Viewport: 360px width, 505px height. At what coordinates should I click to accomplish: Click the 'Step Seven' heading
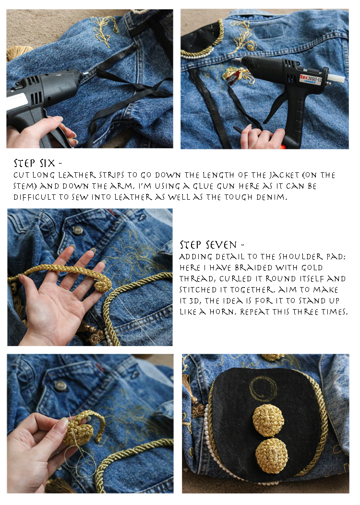[x=212, y=245]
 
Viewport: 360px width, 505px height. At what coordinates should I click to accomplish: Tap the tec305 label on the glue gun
[x=311, y=79]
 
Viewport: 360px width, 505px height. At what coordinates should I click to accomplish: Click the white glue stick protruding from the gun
[x=336, y=79]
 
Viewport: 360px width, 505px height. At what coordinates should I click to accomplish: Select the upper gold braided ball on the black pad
[x=268, y=420]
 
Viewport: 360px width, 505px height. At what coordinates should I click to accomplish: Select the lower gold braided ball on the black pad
[x=272, y=456]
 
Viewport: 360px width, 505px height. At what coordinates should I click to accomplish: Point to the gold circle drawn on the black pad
[x=263, y=389]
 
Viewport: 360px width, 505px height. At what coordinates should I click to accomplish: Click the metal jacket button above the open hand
[x=77, y=230]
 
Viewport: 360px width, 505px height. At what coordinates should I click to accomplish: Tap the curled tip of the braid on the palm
[x=103, y=285]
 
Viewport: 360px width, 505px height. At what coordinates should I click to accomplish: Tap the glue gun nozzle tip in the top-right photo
[x=237, y=60]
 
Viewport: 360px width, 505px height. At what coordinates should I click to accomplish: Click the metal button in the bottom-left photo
[x=60, y=385]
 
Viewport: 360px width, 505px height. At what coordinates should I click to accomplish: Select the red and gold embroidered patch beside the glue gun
[x=233, y=75]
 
